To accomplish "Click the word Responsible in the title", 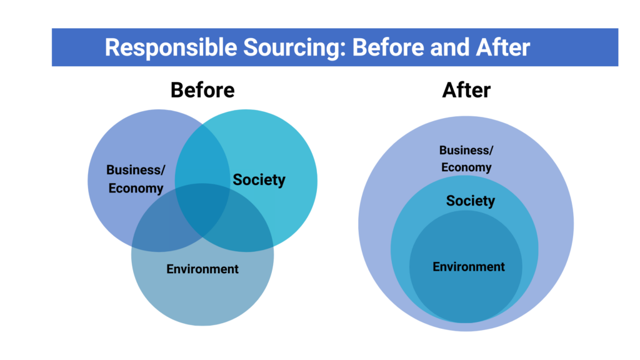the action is (x=171, y=47).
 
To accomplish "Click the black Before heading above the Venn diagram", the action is (x=202, y=90).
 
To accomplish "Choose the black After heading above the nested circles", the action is (x=466, y=90).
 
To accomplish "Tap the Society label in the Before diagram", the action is (x=259, y=180).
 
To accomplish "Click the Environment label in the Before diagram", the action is (x=202, y=269).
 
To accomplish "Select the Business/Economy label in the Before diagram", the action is (x=136, y=179).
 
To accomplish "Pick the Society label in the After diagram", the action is (x=470, y=201).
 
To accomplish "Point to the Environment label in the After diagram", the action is (x=469, y=266).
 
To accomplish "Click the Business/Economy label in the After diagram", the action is (x=466, y=159).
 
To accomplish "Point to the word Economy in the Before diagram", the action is (x=136, y=188).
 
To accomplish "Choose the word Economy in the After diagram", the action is (x=466, y=167).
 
